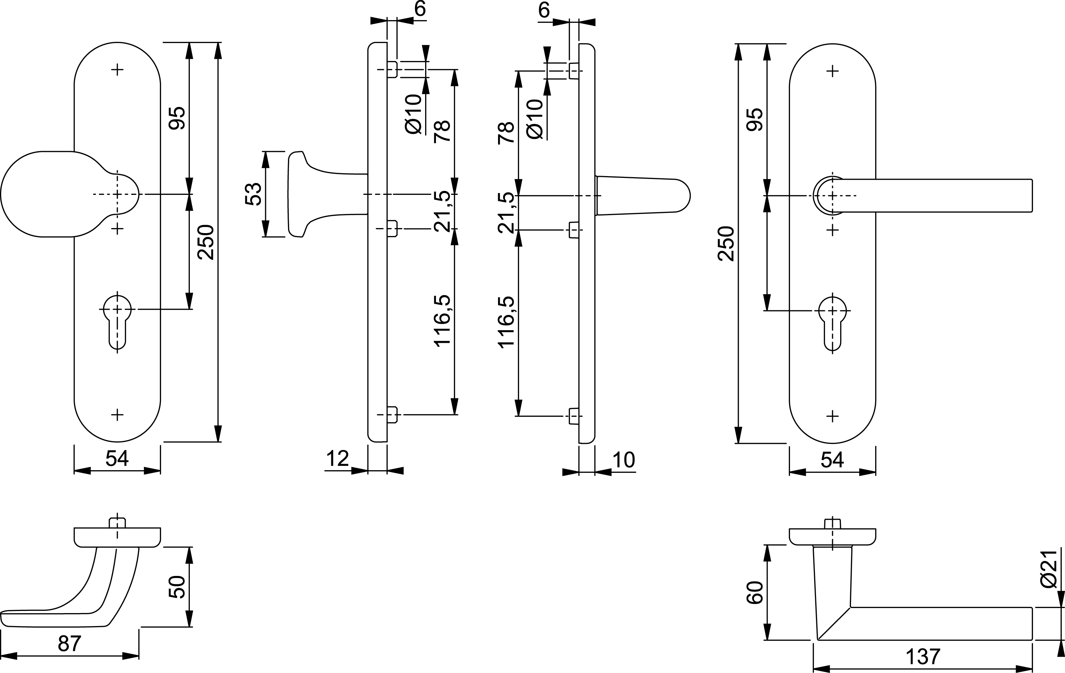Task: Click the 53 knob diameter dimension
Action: [254, 194]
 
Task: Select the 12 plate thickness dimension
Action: [337, 459]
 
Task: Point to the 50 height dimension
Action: [177, 587]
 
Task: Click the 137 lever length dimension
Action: [922, 657]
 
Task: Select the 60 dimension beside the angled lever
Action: [755, 593]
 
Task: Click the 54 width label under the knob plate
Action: [117, 459]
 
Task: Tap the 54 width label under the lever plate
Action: [832, 460]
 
